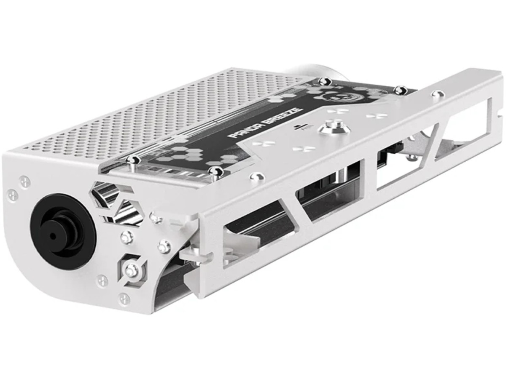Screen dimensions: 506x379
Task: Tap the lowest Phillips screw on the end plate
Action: point(124,299)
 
